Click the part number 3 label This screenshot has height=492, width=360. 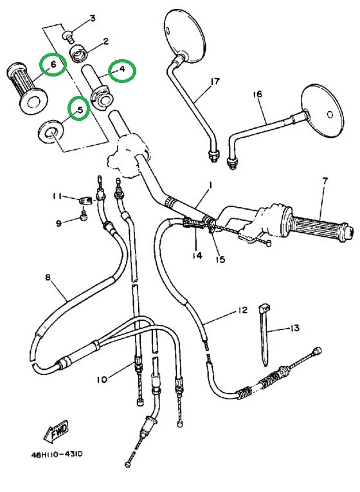coord(92,18)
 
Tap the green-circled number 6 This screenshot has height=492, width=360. coord(53,64)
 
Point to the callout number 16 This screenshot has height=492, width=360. coord(257,95)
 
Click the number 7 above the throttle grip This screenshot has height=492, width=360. coord(325,181)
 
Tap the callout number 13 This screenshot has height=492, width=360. coord(294,329)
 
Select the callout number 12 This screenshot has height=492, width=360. coord(241,311)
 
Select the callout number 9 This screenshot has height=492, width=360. coord(59,223)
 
